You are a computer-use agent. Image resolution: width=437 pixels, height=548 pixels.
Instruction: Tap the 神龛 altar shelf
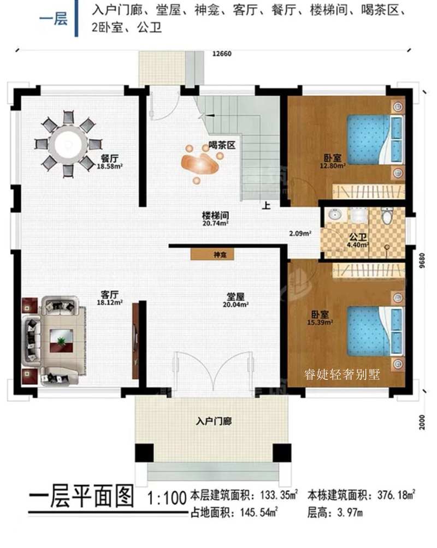[x=212, y=254]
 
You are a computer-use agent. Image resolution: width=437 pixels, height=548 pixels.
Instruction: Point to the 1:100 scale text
[x=167, y=498]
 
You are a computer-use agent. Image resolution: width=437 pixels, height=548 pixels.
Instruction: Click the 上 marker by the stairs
[x=267, y=206]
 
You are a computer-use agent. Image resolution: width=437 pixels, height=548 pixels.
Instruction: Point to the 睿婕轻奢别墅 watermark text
[x=346, y=374]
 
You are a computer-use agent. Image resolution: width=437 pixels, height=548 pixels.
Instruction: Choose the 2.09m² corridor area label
[x=300, y=234]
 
